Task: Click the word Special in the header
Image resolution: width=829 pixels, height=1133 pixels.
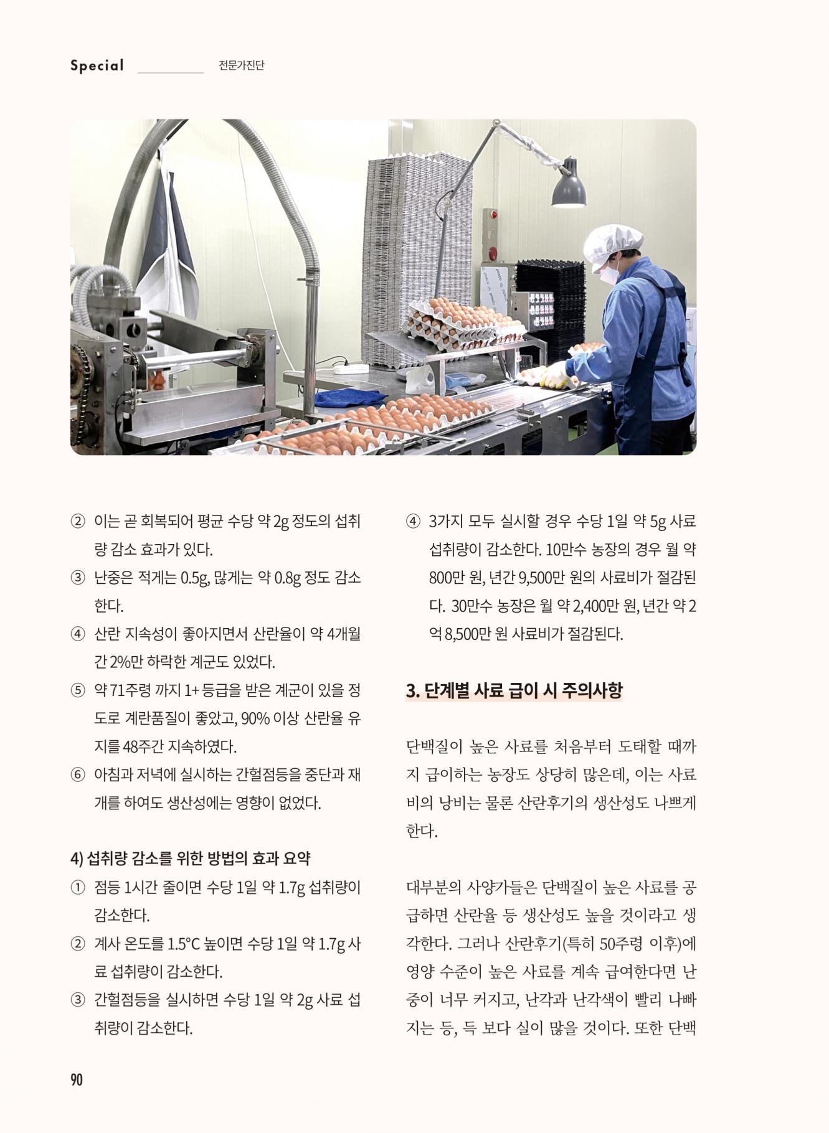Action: [97, 65]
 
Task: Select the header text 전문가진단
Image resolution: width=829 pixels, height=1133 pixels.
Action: [242, 65]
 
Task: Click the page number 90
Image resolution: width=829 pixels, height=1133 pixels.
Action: [77, 1079]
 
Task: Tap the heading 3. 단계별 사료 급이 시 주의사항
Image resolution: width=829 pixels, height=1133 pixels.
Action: [514, 690]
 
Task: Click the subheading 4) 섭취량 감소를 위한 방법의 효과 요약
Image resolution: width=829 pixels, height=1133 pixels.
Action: [190, 858]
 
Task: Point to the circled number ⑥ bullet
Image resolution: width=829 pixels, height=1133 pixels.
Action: [77, 775]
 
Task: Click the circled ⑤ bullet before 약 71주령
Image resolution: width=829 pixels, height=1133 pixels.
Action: [77, 690]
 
